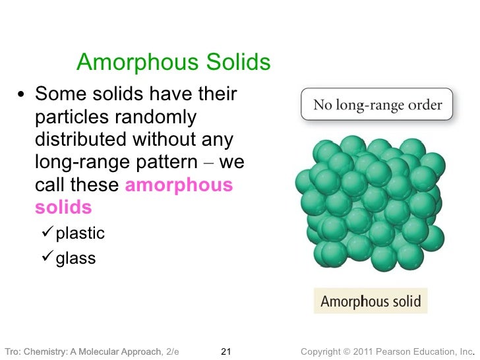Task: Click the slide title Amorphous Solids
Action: [173, 63]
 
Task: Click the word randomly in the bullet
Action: [156, 117]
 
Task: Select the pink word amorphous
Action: [179, 185]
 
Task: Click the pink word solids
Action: [63, 208]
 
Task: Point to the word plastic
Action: [80, 234]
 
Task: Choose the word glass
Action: [76, 258]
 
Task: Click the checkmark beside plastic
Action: [47, 234]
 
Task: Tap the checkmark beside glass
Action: [47, 258]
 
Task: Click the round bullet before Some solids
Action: [22, 96]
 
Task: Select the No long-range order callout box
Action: [376, 104]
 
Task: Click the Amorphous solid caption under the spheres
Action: [370, 301]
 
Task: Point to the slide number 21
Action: [225, 350]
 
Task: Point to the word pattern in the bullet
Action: [175, 163]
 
